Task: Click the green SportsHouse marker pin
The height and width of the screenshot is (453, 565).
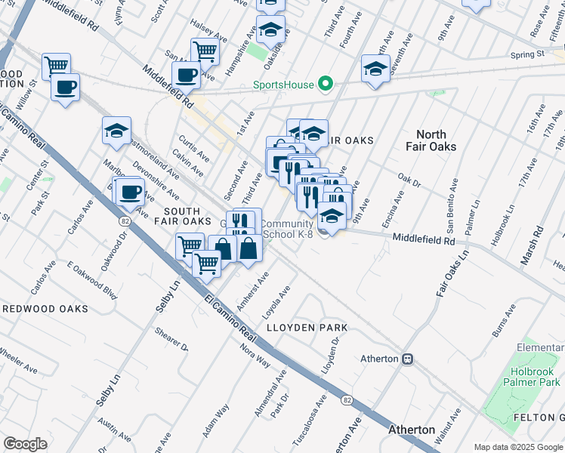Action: point(326,84)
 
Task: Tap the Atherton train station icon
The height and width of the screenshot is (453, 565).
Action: point(408,359)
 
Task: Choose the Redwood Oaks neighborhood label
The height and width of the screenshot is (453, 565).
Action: point(45,309)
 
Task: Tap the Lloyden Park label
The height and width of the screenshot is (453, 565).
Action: point(307,328)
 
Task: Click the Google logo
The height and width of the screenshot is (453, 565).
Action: point(25,444)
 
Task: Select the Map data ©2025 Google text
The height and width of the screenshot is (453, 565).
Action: point(517,447)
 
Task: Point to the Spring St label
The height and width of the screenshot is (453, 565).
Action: point(527,54)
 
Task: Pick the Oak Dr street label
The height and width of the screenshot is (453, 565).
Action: point(409,180)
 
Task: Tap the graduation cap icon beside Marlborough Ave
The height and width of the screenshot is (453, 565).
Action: point(116,130)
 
